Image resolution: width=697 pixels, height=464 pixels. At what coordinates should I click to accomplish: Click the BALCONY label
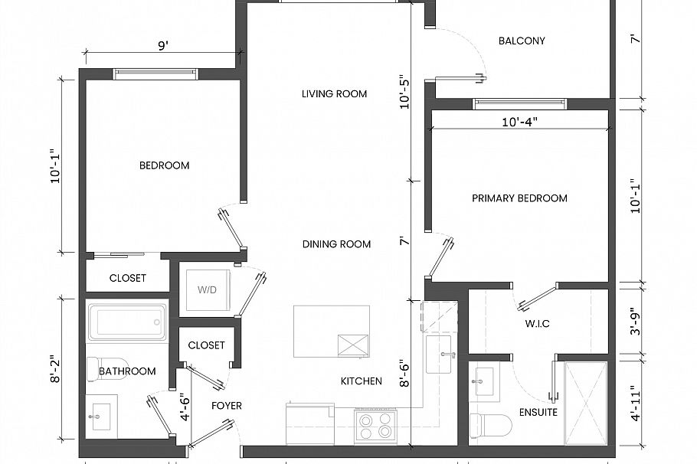tap(521, 41)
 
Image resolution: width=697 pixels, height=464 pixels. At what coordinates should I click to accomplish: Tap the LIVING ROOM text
tap(334, 94)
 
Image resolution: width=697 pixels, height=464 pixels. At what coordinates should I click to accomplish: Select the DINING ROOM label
tap(336, 244)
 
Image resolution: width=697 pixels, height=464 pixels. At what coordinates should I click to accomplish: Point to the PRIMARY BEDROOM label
tap(519, 198)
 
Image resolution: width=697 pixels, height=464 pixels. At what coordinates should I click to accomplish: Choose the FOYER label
tap(226, 406)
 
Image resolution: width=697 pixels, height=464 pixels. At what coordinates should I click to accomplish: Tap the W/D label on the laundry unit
tap(207, 290)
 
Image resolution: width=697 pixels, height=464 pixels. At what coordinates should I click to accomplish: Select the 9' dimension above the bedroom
tap(163, 46)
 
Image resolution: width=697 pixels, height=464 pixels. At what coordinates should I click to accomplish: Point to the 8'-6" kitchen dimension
tap(405, 375)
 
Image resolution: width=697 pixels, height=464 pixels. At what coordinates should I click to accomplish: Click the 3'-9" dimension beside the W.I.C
tap(633, 322)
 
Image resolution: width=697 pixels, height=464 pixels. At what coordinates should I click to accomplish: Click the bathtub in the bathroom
tap(127, 322)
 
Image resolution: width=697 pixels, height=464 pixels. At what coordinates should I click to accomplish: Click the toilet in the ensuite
tap(490, 423)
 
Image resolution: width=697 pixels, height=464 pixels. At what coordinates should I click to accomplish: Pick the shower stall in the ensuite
tap(586, 402)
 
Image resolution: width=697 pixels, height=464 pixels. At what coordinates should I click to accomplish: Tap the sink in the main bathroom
tap(100, 417)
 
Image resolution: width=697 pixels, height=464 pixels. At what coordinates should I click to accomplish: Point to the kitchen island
tap(332, 331)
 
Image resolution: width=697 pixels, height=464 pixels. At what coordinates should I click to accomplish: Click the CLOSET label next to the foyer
tap(206, 345)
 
